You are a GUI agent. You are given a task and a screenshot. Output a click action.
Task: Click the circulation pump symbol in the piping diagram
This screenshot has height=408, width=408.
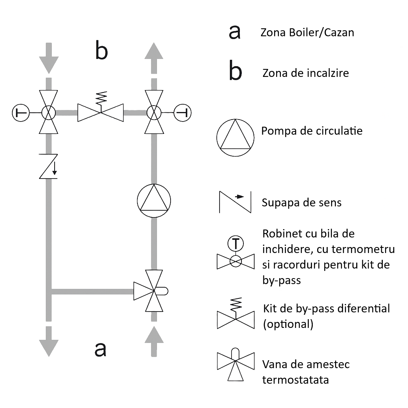coord(153,200)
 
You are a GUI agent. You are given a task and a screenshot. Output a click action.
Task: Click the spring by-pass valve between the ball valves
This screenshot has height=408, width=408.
coord(101,112)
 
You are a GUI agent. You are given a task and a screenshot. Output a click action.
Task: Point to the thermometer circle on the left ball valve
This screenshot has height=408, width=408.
coord(20,113)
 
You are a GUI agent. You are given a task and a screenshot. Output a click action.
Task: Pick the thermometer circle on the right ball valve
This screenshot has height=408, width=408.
coord(183,113)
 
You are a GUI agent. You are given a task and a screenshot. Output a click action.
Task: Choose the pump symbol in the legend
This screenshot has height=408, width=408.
coord(235,136)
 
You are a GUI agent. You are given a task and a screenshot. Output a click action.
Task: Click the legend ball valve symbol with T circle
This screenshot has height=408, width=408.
coord(235,257)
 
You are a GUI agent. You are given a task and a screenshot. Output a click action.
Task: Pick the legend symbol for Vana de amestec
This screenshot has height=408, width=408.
coord(235,365)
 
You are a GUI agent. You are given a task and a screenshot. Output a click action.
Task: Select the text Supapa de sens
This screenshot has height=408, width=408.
coord(302,202)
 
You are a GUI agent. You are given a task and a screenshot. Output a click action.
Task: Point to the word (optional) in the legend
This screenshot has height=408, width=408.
coord(288,324)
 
